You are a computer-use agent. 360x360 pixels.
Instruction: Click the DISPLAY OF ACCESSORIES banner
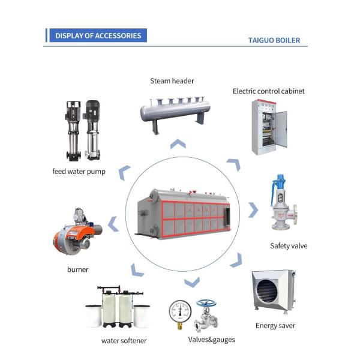pyautogui.click(x=98, y=35)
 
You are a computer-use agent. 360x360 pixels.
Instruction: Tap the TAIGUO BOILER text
pyautogui.click(x=274, y=40)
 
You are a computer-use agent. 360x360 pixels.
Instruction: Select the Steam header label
pyautogui.click(x=172, y=81)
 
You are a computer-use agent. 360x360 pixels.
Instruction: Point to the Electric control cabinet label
pyautogui.click(x=269, y=91)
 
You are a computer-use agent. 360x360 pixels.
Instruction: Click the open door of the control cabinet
pyautogui.click(x=281, y=130)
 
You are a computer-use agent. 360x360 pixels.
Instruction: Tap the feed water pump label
pyautogui.click(x=79, y=172)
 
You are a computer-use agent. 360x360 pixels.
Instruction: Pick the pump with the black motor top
pyautogui.click(x=92, y=130)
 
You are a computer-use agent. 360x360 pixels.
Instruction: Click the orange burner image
pyautogui.click(x=77, y=232)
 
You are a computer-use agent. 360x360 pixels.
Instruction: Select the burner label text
pyautogui.click(x=77, y=269)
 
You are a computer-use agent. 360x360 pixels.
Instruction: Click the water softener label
pyautogui.click(x=124, y=341)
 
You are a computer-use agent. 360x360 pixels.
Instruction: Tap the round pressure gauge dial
pyautogui.click(x=180, y=311)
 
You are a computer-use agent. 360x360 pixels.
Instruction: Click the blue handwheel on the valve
pyautogui.click(x=206, y=303)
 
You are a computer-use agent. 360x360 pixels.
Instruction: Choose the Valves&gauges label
pyautogui.click(x=211, y=340)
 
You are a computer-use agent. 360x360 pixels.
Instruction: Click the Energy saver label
pyautogui.click(x=275, y=326)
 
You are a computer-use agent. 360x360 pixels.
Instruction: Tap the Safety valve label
pyautogui.click(x=289, y=246)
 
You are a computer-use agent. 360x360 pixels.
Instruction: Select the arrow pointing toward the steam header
pyautogui.click(x=178, y=143)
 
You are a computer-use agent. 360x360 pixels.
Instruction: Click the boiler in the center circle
pyautogui.click(x=184, y=214)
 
